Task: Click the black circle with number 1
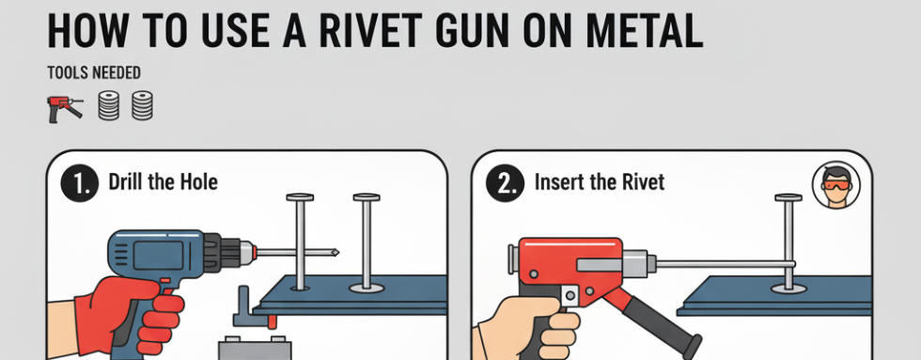(x=79, y=182)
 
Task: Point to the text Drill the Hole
(x=163, y=181)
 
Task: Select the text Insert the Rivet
(x=599, y=181)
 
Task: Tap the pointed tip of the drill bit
(x=334, y=252)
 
